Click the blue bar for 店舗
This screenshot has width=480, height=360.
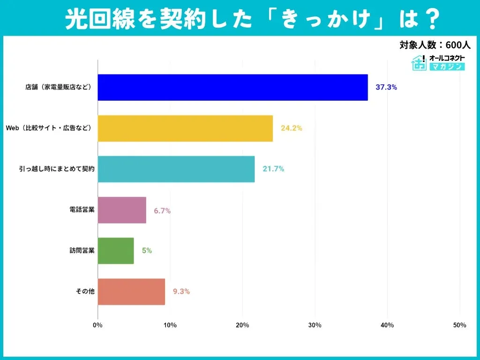(x=232, y=87)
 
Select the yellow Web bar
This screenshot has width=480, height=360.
(x=185, y=128)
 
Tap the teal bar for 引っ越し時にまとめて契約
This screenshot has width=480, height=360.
(x=176, y=169)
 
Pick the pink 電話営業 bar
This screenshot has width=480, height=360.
(x=122, y=210)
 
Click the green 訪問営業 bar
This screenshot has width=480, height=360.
(x=116, y=251)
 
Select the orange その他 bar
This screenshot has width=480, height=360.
(x=131, y=292)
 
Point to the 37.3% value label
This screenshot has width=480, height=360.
(x=386, y=87)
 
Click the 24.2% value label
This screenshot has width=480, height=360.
(x=291, y=128)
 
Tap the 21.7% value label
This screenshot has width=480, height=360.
(x=273, y=169)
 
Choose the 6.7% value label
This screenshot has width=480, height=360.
(x=162, y=210)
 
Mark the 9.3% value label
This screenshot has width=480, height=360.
(x=181, y=292)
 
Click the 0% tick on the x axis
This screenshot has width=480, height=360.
(x=97, y=325)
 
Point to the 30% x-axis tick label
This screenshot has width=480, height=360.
(x=315, y=325)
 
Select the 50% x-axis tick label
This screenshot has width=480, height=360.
(x=459, y=325)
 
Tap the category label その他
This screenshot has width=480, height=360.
(x=85, y=292)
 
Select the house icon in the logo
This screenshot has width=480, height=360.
(x=419, y=62)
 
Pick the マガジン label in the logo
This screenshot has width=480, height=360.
(x=447, y=67)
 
